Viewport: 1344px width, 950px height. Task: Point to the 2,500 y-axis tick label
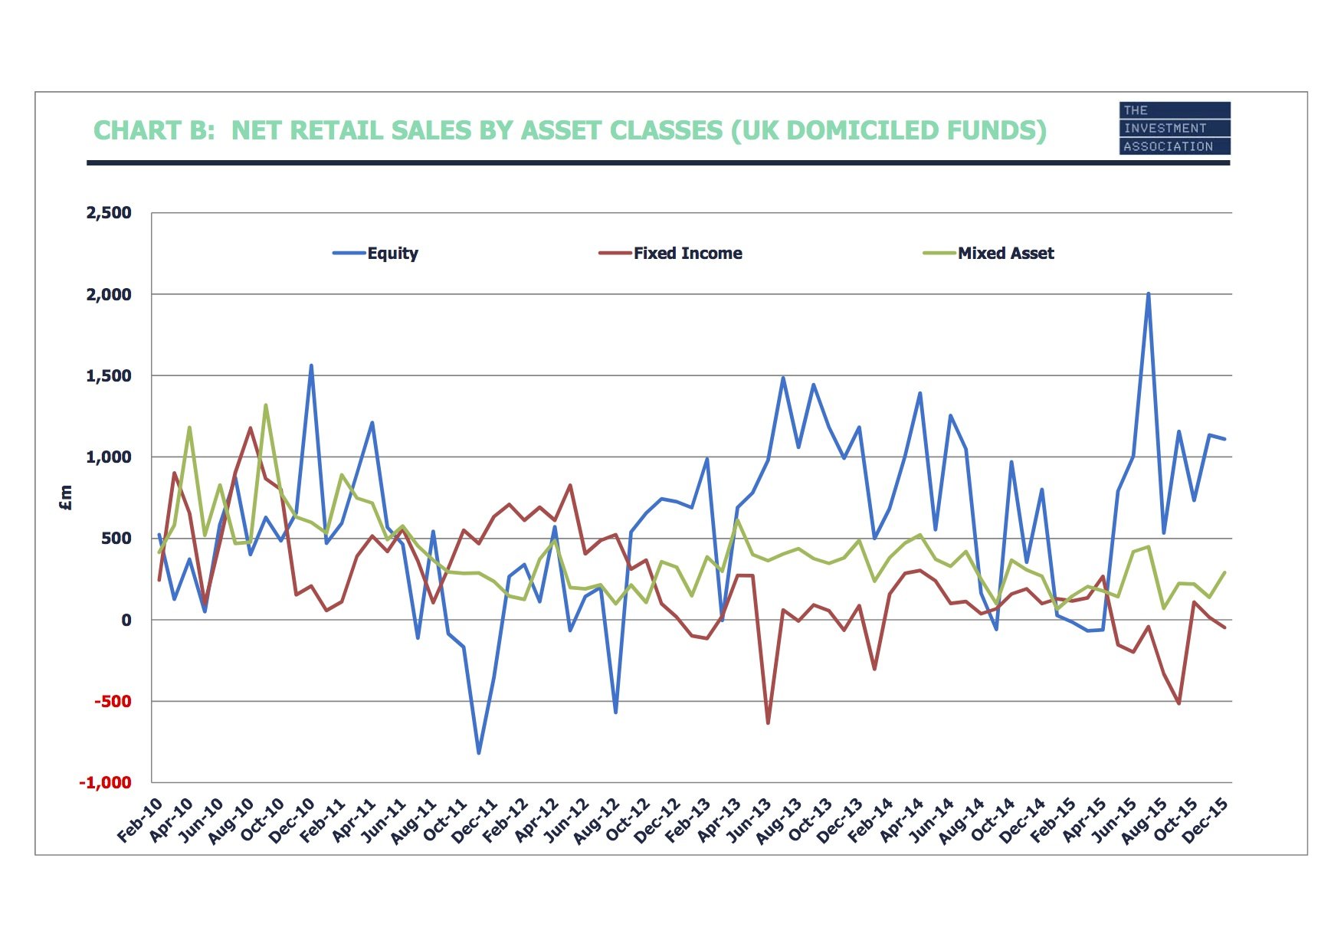coord(109,213)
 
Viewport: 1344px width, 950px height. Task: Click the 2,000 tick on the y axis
coord(109,295)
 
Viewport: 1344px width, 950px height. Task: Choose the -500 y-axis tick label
coord(113,702)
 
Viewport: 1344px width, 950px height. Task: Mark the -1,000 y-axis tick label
coord(106,783)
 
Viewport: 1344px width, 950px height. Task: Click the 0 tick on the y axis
coord(126,621)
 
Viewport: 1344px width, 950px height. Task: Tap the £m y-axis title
coord(66,498)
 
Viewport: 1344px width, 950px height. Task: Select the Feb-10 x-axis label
coord(141,820)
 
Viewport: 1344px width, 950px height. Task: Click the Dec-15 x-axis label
coord(1206,820)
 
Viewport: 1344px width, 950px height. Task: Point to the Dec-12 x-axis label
coord(658,820)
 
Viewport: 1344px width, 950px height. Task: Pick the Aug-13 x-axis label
coord(779,820)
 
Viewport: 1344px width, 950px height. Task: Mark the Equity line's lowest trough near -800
coord(479,753)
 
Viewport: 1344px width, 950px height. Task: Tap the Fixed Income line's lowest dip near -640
coord(768,722)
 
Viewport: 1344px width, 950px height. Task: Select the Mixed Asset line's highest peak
coord(266,405)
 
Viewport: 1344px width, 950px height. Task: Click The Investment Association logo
coord(1174,129)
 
